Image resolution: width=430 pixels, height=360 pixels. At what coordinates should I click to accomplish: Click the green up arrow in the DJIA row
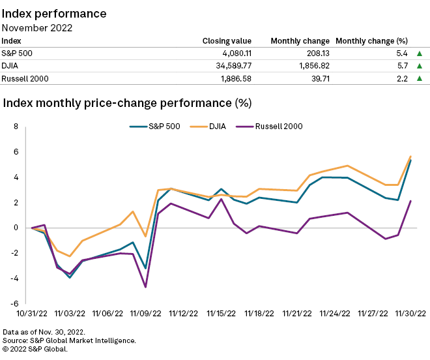point(420,66)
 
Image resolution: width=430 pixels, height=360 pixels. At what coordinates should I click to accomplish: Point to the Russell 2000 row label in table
point(25,79)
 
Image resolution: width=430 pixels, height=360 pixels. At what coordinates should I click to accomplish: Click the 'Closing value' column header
point(227,40)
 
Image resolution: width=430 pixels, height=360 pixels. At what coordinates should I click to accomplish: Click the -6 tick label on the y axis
point(15,303)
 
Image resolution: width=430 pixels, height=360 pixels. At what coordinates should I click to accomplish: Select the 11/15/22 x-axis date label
point(222,313)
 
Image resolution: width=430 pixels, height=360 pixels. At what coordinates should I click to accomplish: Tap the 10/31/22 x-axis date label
point(32,313)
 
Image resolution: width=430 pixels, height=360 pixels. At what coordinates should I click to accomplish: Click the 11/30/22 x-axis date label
point(411,313)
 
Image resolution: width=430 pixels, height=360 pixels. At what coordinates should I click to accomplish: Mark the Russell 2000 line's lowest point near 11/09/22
point(145,287)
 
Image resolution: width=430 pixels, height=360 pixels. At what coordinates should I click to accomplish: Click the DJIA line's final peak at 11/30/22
point(410,156)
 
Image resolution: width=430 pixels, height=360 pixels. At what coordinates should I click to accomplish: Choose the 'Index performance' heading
point(55,13)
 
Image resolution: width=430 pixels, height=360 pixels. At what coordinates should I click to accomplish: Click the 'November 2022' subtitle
point(38,27)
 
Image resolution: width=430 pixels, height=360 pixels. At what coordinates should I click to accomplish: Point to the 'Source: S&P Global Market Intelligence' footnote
point(70,340)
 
